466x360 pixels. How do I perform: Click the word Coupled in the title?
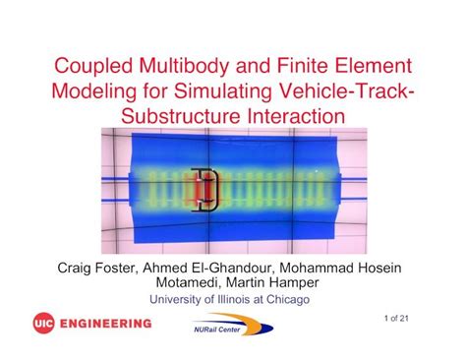pos(94,66)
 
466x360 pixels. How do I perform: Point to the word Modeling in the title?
pos(94,91)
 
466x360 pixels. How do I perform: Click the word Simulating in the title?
pos(223,91)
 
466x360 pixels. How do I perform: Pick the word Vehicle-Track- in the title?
pos(346,90)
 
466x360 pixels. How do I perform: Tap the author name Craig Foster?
pos(96,269)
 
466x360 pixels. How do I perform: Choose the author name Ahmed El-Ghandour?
pos(207,269)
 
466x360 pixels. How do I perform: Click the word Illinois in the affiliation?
pos(234,299)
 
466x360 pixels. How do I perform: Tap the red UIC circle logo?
pos(43,323)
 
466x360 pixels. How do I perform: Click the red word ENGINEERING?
pos(106,324)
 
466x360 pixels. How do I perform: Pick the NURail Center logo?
pos(233,325)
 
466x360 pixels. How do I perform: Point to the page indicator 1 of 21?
pos(396,318)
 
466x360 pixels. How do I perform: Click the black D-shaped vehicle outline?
pos(216,190)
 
